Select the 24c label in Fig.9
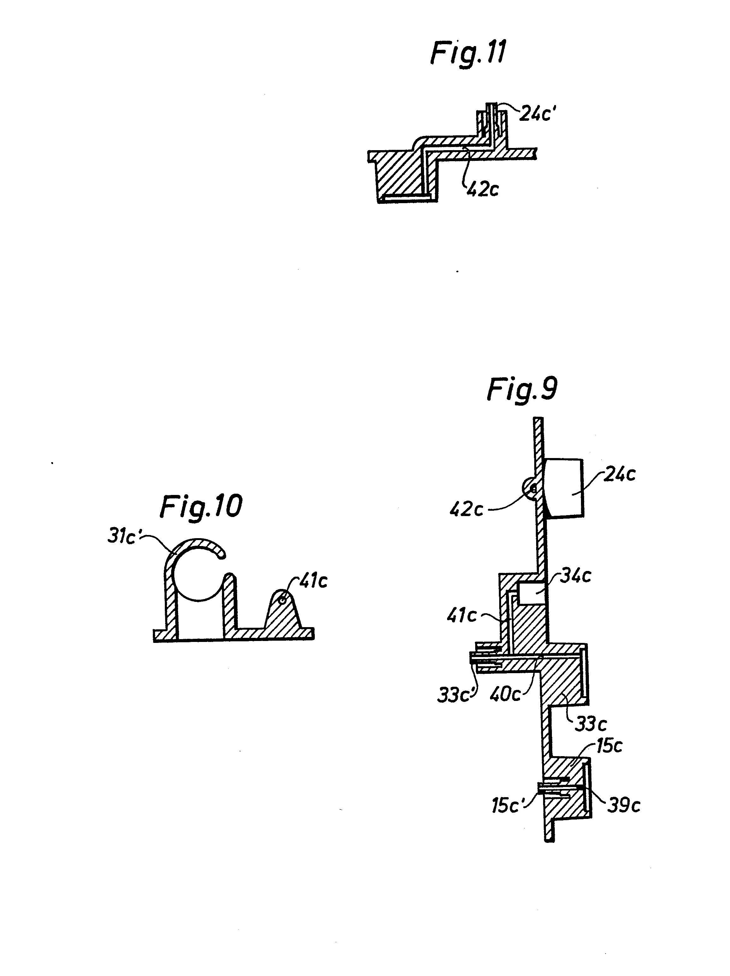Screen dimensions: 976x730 point(619,474)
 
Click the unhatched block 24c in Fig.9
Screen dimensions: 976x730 point(565,488)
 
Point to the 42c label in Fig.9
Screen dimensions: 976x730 point(466,510)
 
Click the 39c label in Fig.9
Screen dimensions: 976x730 point(623,806)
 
